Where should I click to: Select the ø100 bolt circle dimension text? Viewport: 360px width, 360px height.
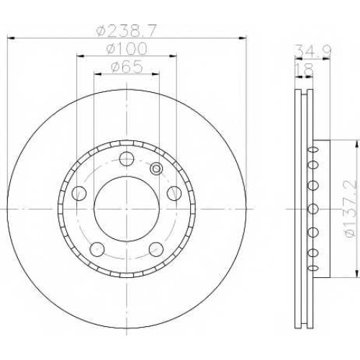126,49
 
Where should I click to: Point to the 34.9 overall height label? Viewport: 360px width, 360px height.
313,50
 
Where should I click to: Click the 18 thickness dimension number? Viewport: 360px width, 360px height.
304,69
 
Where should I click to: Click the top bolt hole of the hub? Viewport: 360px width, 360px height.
127,158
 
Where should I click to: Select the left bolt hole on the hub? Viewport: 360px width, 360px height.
79,193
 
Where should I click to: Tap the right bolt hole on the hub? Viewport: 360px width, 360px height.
174,193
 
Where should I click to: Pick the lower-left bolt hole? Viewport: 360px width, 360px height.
97,249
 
